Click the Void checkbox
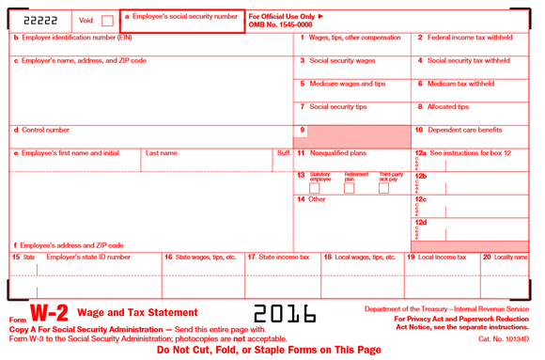tap(107, 20)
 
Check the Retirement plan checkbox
tap(350, 188)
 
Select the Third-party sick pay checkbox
tap(383, 188)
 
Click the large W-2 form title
tap(47, 314)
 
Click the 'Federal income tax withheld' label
tap(469, 38)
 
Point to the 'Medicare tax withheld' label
tap(462, 83)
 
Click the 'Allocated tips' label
tap(448, 106)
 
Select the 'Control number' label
tap(43, 130)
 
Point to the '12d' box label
tap(421, 222)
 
